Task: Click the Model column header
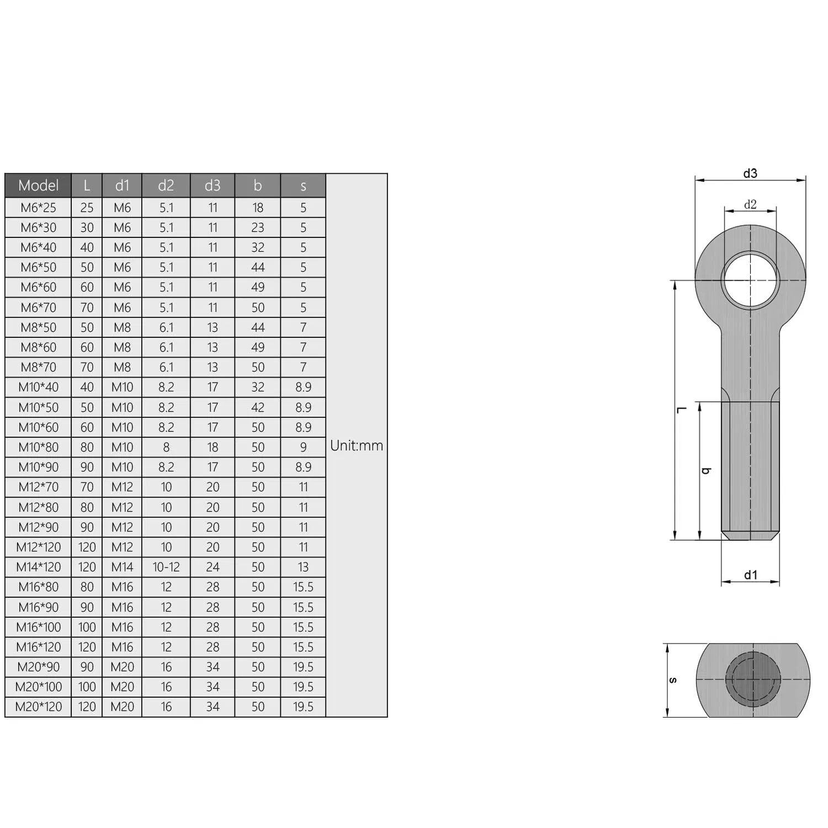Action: pyautogui.click(x=38, y=185)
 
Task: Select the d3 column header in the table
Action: pyautogui.click(x=213, y=185)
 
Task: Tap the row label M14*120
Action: pyautogui.click(x=39, y=567)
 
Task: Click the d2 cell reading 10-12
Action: pyautogui.click(x=166, y=567)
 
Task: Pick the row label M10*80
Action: pyautogui.click(x=39, y=447)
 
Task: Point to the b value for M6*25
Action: pyautogui.click(x=258, y=208)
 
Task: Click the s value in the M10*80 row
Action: pyautogui.click(x=303, y=447)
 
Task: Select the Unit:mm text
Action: pyautogui.click(x=357, y=445)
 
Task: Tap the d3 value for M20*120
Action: pyautogui.click(x=213, y=707)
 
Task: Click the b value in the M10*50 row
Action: pyautogui.click(x=258, y=407)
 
